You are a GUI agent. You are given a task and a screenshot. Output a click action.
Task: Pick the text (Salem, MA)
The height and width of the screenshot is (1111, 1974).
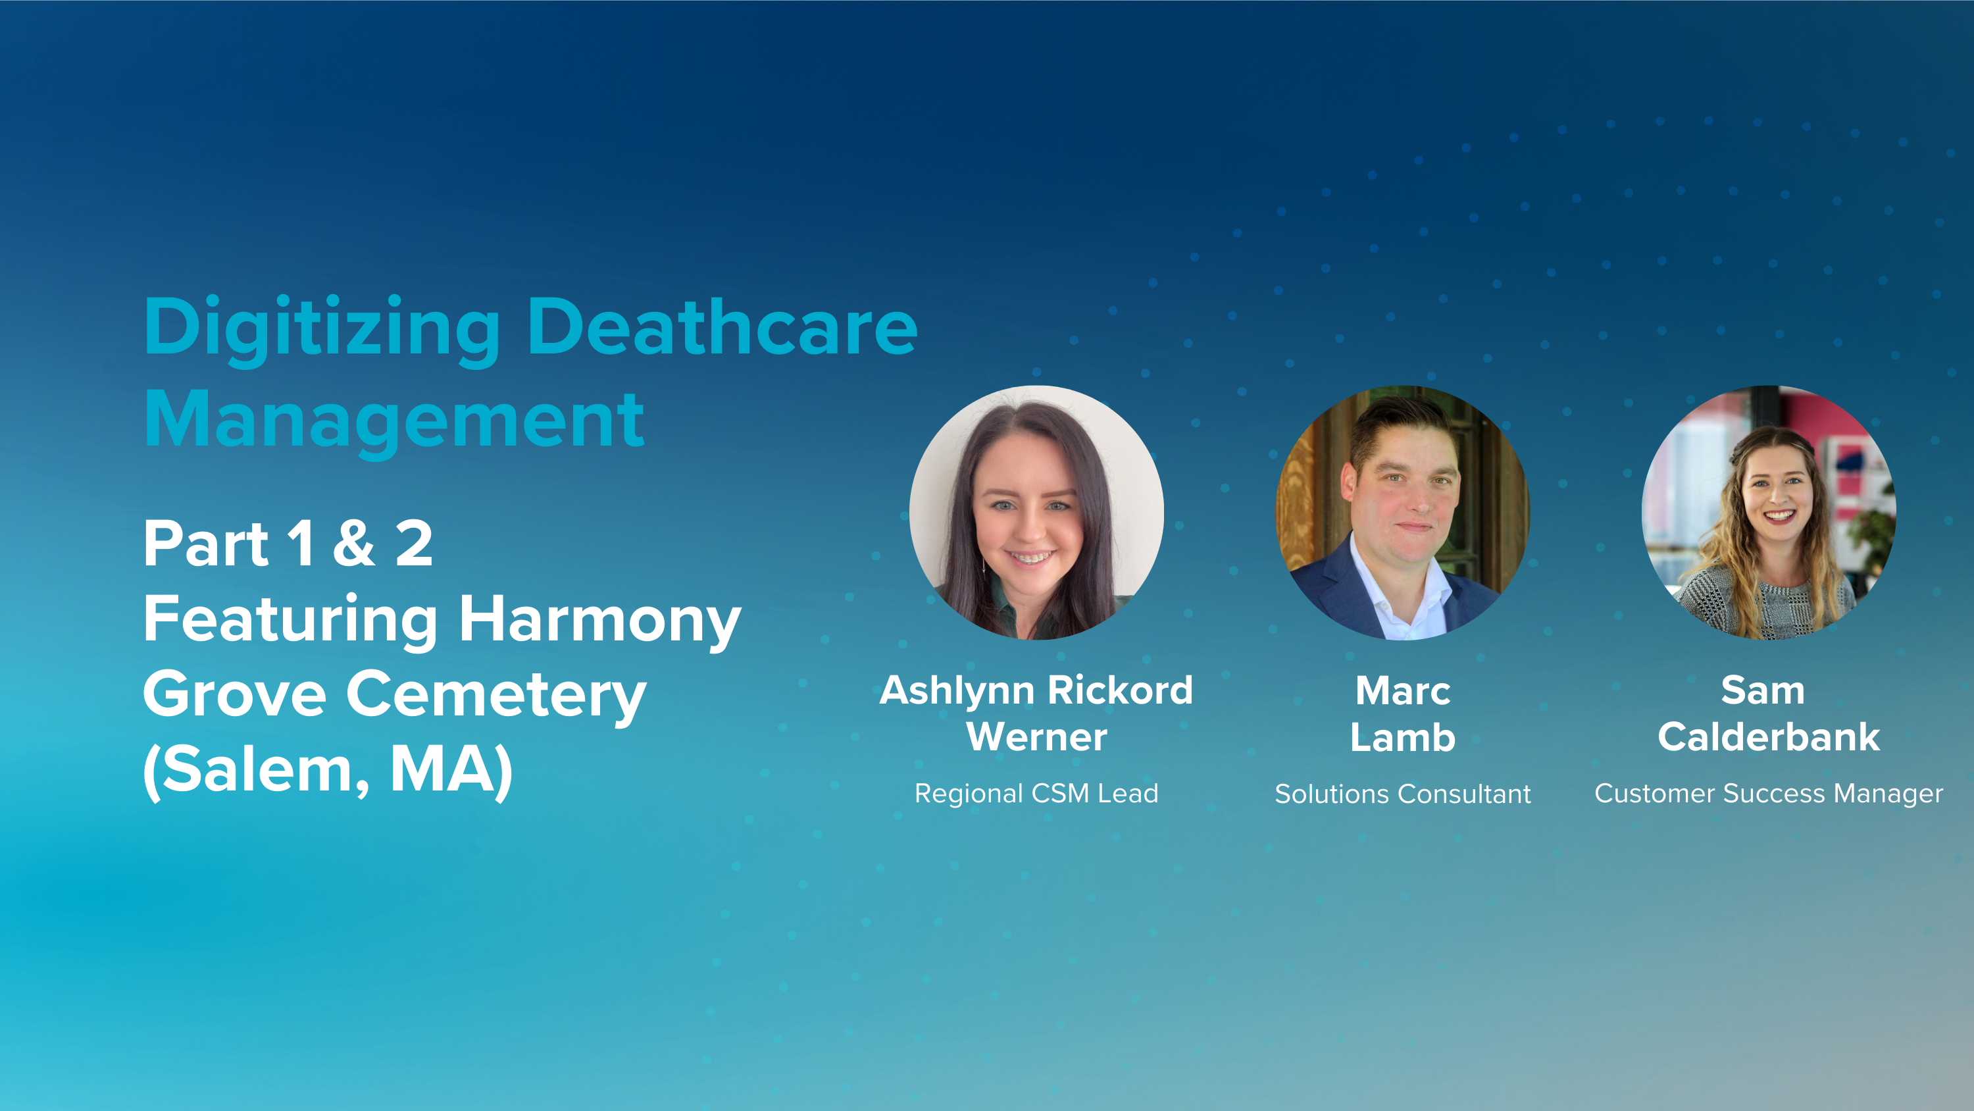point(328,770)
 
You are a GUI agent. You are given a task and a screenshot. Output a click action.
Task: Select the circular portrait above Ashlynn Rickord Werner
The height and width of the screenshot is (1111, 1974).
point(1036,512)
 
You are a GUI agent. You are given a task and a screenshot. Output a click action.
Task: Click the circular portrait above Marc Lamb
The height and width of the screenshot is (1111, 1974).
point(1402,512)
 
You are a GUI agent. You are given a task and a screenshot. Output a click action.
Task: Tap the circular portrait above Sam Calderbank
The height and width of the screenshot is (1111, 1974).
point(1769,512)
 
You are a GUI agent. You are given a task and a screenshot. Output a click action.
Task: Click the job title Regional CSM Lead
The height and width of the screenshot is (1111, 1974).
point(1036,794)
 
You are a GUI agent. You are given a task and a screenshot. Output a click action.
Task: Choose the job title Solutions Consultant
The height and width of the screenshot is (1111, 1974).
point(1402,794)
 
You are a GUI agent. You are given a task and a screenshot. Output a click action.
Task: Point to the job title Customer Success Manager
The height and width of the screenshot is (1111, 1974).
point(1769,794)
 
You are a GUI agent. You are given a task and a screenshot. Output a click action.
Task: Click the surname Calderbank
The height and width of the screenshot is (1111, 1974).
point(1769,738)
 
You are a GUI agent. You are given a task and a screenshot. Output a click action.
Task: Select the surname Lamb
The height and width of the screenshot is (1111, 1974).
point(1402,738)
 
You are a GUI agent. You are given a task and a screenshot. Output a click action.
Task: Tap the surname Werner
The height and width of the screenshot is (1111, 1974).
point(1036,738)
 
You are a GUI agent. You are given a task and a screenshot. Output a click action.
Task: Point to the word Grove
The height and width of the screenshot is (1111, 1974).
point(234,694)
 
